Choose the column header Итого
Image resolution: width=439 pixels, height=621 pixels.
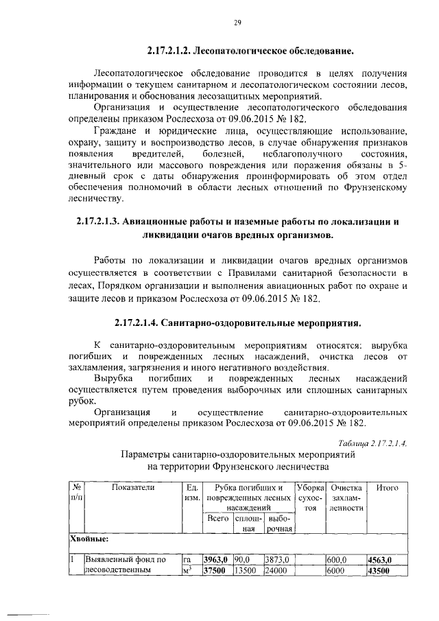[388, 487]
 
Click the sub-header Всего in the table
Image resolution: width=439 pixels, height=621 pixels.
[217, 519]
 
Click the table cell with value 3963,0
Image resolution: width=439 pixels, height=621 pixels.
[216, 560]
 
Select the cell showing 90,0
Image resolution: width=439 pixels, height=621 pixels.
[244, 560]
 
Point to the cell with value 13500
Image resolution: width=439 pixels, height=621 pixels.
[246, 571]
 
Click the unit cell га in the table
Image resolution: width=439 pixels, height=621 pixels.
[189, 560]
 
